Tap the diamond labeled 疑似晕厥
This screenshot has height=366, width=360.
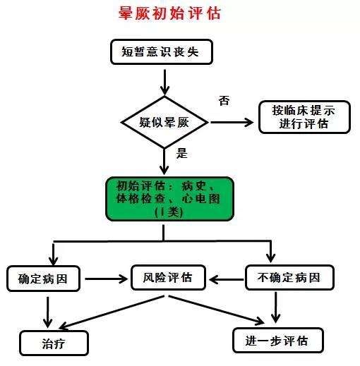(x=164, y=121)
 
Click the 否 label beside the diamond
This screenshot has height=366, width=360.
(x=224, y=101)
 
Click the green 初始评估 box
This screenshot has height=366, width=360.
(x=169, y=198)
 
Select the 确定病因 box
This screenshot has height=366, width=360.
(x=43, y=278)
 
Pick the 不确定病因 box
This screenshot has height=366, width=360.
(x=289, y=277)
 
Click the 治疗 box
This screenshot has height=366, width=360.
(x=54, y=343)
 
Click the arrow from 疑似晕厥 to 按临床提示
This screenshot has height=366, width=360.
(x=232, y=121)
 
